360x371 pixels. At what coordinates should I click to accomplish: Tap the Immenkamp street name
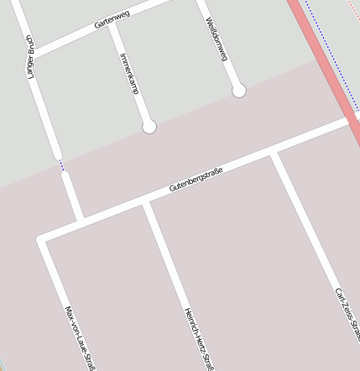pyautogui.click(x=129, y=73)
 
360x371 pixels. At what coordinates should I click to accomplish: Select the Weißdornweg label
pyautogui.click(x=217, y=39)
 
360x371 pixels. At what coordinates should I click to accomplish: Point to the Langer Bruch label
pyautogui.click(x=31, y=56)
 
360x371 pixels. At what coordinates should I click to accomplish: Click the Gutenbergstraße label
pyautogui.click(x=196, y=180)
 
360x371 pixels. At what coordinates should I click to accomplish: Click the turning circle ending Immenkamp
pyautogui.click(x=149, y=127)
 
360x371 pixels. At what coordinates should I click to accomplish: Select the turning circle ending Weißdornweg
pyautogui.click(x=239, y=90)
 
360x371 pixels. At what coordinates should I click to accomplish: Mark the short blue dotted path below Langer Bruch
pyautogui.click(x=60, y=166)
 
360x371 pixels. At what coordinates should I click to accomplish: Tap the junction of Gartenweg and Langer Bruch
pyautogui.click(x=32, y=52)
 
